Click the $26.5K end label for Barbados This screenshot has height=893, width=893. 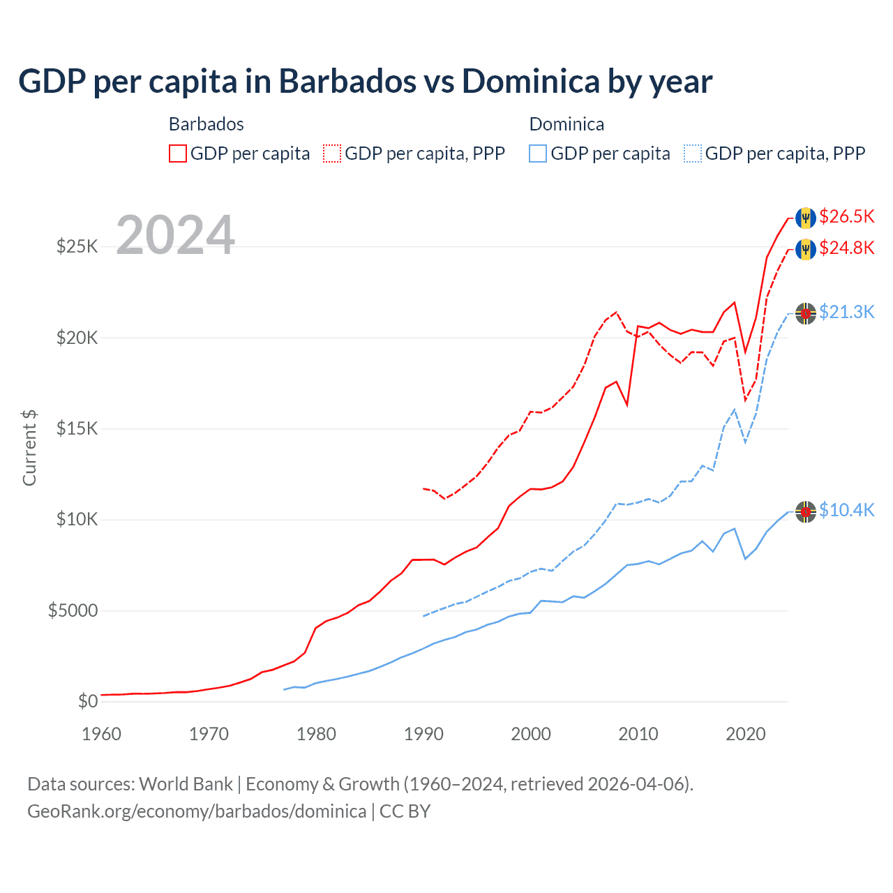pyautogui.click(x=846, y=217)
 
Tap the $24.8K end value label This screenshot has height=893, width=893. pyautogui.click(x=846, y=248)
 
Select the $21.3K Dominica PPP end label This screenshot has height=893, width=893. pyautogui.click(x=846, y=313)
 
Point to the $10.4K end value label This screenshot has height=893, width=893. pyautogui.click(x=846, y=511)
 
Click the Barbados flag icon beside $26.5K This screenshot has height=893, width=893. pyautogui.click(x=806, y=218)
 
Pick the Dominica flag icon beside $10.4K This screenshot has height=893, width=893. pyautogui.click(x=806, y=512)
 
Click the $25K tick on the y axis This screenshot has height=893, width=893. pyautogui.click(x=77, y=247)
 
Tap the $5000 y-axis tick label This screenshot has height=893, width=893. pyautogui.click(x=73, y=611)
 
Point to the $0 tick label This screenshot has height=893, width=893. pyautogui.click(x=87, y=702)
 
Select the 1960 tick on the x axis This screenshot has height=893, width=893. pyautogui.click(x=102, y=734)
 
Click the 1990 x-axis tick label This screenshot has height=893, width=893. pyautogui.click(x=423, y=734)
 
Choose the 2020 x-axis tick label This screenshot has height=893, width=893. pyautogui.click(x=746, y=734)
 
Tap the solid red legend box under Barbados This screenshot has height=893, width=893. pyautogui.click(x=178, y=153)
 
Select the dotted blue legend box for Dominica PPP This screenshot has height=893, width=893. pyautogui.click(x=693, y=153)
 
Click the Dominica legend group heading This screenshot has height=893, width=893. pyautogui.click(x=566, y=125)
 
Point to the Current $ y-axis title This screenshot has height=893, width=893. pyautogui.click(x=29, y=448)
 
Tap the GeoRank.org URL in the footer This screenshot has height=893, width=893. pyautogui.click(x=197, y=811)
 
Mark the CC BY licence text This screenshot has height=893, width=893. pyautogui.click(x=405, y=811)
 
